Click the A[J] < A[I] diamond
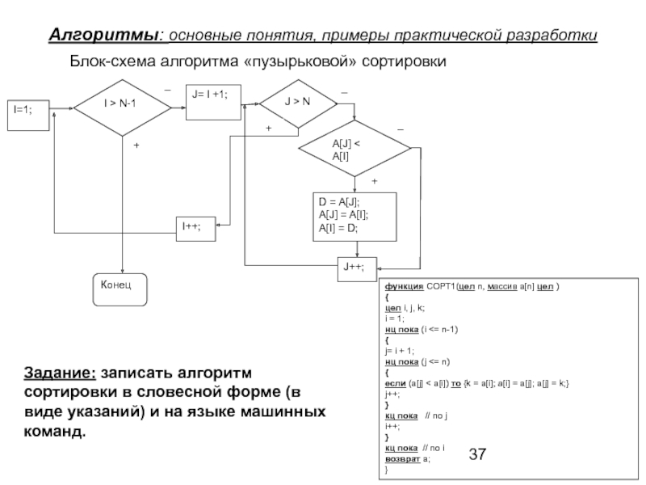(x=355, y=149)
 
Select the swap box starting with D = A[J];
(x=355, y=216)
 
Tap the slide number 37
(x=478, y=455)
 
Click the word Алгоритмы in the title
(x=103, y=36)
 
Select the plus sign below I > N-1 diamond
(x=135, y=145)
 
